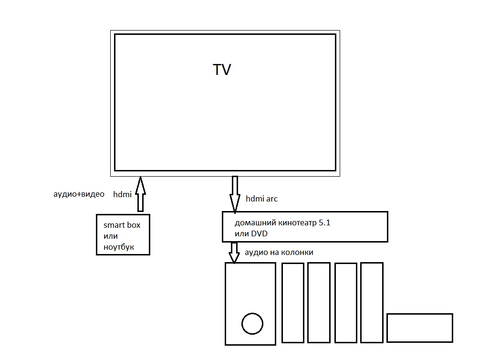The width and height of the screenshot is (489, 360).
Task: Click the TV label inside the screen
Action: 222,69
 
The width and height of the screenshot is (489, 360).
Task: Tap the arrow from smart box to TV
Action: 140,194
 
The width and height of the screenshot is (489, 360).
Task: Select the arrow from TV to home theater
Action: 235,194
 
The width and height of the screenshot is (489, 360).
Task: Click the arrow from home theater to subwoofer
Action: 234,252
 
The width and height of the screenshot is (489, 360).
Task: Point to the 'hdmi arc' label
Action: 261,199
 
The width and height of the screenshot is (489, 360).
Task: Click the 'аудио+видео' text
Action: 79,194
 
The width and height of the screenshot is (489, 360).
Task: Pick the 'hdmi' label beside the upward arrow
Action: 122,194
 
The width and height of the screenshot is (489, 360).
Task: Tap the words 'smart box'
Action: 122,225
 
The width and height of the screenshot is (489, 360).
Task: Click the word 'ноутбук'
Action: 119,247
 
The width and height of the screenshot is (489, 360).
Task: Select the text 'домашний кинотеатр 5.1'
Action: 282,222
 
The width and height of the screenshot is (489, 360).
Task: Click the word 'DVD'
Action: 259,233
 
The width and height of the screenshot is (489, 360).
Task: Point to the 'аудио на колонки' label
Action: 279,252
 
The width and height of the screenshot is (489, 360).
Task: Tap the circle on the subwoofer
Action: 252,323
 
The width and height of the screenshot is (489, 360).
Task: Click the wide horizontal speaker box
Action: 420,328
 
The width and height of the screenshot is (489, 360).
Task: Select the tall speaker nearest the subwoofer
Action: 293,303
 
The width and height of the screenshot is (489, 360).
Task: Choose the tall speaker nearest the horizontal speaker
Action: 372,303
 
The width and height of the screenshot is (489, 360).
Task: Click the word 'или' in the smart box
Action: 110,236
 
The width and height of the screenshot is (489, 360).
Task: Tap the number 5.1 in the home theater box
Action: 324,222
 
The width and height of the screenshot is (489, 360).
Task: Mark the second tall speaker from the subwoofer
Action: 319,303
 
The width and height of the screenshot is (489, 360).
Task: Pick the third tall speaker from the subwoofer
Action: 346,303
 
